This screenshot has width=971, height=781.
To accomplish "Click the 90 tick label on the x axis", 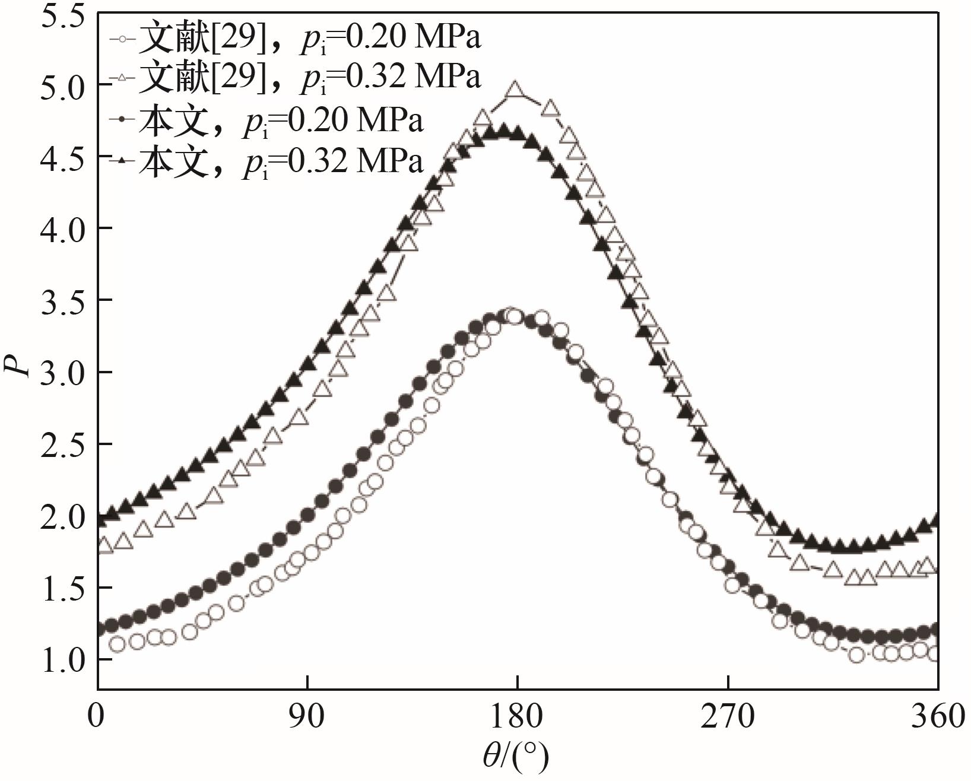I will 307,717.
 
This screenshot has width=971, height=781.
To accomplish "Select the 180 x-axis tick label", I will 518,717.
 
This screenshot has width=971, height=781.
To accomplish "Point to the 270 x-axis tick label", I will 728,717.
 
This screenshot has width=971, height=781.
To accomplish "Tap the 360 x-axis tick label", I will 938,717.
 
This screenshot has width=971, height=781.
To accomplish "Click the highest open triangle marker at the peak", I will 515,91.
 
